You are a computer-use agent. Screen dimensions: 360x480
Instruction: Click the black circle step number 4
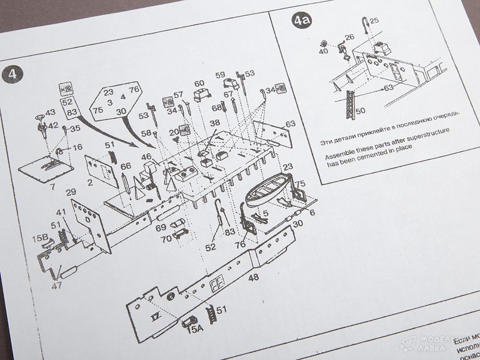tap(12, 74)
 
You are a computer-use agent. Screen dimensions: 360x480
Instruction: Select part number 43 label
tap(51, 112)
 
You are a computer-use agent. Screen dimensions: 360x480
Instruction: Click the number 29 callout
tap(71, 192)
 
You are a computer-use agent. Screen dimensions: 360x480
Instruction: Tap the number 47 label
tap(57, 286)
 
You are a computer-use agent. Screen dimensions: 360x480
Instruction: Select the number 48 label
tap(254, 277)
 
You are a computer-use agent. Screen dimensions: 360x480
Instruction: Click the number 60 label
tap(199, 83)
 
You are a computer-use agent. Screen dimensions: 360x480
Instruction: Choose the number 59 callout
tap(220, 75)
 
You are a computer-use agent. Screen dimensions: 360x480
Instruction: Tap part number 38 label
tap(215, 123)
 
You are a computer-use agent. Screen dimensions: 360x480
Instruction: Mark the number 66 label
tap(126, 166)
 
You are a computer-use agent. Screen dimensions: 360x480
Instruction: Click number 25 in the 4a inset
tap(375, 20)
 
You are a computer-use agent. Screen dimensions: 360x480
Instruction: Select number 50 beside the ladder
tap(360, 111)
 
